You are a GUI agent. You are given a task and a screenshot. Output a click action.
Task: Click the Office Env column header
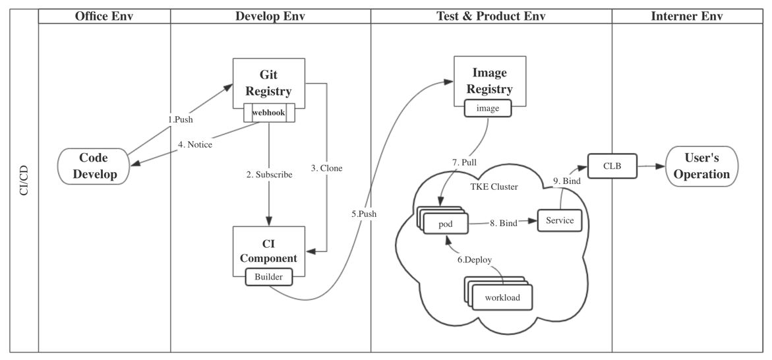(104, 16)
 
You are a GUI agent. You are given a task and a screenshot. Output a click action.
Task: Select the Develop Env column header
(270, 16)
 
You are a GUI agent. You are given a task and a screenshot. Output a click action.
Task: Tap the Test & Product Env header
(490, 16)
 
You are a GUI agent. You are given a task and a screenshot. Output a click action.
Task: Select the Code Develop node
(94, 166)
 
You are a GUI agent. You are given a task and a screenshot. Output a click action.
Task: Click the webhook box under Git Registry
(269, 113)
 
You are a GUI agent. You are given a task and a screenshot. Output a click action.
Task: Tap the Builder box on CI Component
(269, 277)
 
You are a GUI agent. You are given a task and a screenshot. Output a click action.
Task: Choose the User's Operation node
(701, 166)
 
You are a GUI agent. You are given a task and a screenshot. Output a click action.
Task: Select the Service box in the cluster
(560, 220)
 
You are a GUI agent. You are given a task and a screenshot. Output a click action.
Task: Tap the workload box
(502, 297)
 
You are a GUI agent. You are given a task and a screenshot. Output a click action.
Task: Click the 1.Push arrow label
(179, 119)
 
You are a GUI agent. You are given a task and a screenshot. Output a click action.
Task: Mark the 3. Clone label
(327, 167)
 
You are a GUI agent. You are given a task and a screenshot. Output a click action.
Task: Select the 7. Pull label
(465, 162)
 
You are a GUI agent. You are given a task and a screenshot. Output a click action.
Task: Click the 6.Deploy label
(475, 259)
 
